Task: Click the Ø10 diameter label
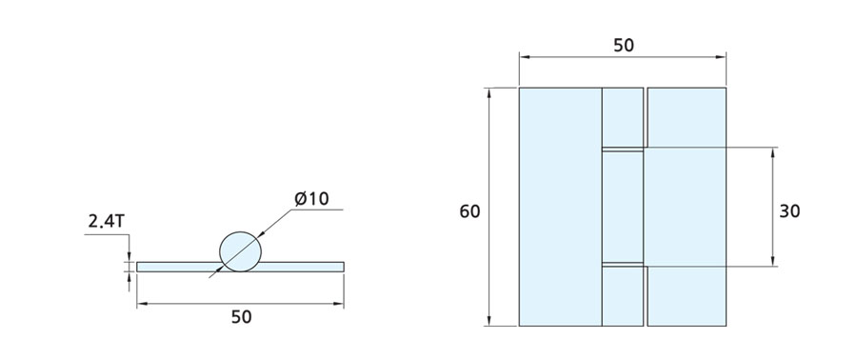click(x=311, y=199)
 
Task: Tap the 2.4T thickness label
click(x=106, y=222)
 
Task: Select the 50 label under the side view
click(x=241, y=317)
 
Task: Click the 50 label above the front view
click(x=624, y=46)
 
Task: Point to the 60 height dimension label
click(x=469, y=210)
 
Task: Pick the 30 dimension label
click(x=789, y=210)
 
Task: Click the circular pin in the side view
click(x=241, y=251)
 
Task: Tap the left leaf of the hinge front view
click(x=560, y=207)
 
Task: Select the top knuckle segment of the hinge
click(x=623, y=117)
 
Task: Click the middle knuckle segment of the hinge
click(x=623, y=207)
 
